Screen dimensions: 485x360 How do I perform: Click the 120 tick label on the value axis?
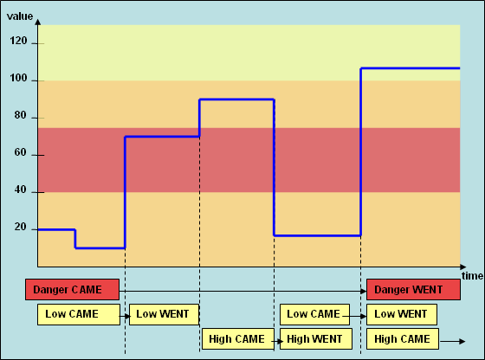pos(18,41)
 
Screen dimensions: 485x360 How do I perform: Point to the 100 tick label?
pos(18,78)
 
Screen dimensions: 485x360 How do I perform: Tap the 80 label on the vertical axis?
pos(21,115)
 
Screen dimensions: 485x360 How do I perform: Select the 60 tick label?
pos(21,152)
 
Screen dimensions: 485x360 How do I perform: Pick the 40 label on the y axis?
pos(21,190)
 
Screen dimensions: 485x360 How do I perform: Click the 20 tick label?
pos(21,227)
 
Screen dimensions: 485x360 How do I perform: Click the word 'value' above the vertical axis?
pos(20,16)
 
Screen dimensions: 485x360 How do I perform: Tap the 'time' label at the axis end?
pos(472,276)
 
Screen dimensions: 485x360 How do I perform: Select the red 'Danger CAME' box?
pos(73,290)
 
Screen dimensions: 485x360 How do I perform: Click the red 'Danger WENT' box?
pos(414,290)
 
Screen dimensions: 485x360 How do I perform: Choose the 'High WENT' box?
pos(316,339)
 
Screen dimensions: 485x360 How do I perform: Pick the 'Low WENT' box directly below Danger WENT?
pos(402,315)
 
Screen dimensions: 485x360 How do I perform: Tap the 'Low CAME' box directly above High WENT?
pos(315,315)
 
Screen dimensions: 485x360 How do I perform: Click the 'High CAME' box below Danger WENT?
pos(403,339)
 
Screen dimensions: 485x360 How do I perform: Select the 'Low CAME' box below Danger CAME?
pos(79,315)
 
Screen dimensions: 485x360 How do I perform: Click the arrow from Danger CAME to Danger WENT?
pos(242,291)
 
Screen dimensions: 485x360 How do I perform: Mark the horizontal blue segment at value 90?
pos(237,100)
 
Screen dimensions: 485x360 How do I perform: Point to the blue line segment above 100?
pos(411,68)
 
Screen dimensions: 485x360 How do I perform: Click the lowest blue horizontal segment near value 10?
pos(100,247)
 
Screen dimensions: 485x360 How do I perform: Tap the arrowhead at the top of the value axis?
pos(38,22)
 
